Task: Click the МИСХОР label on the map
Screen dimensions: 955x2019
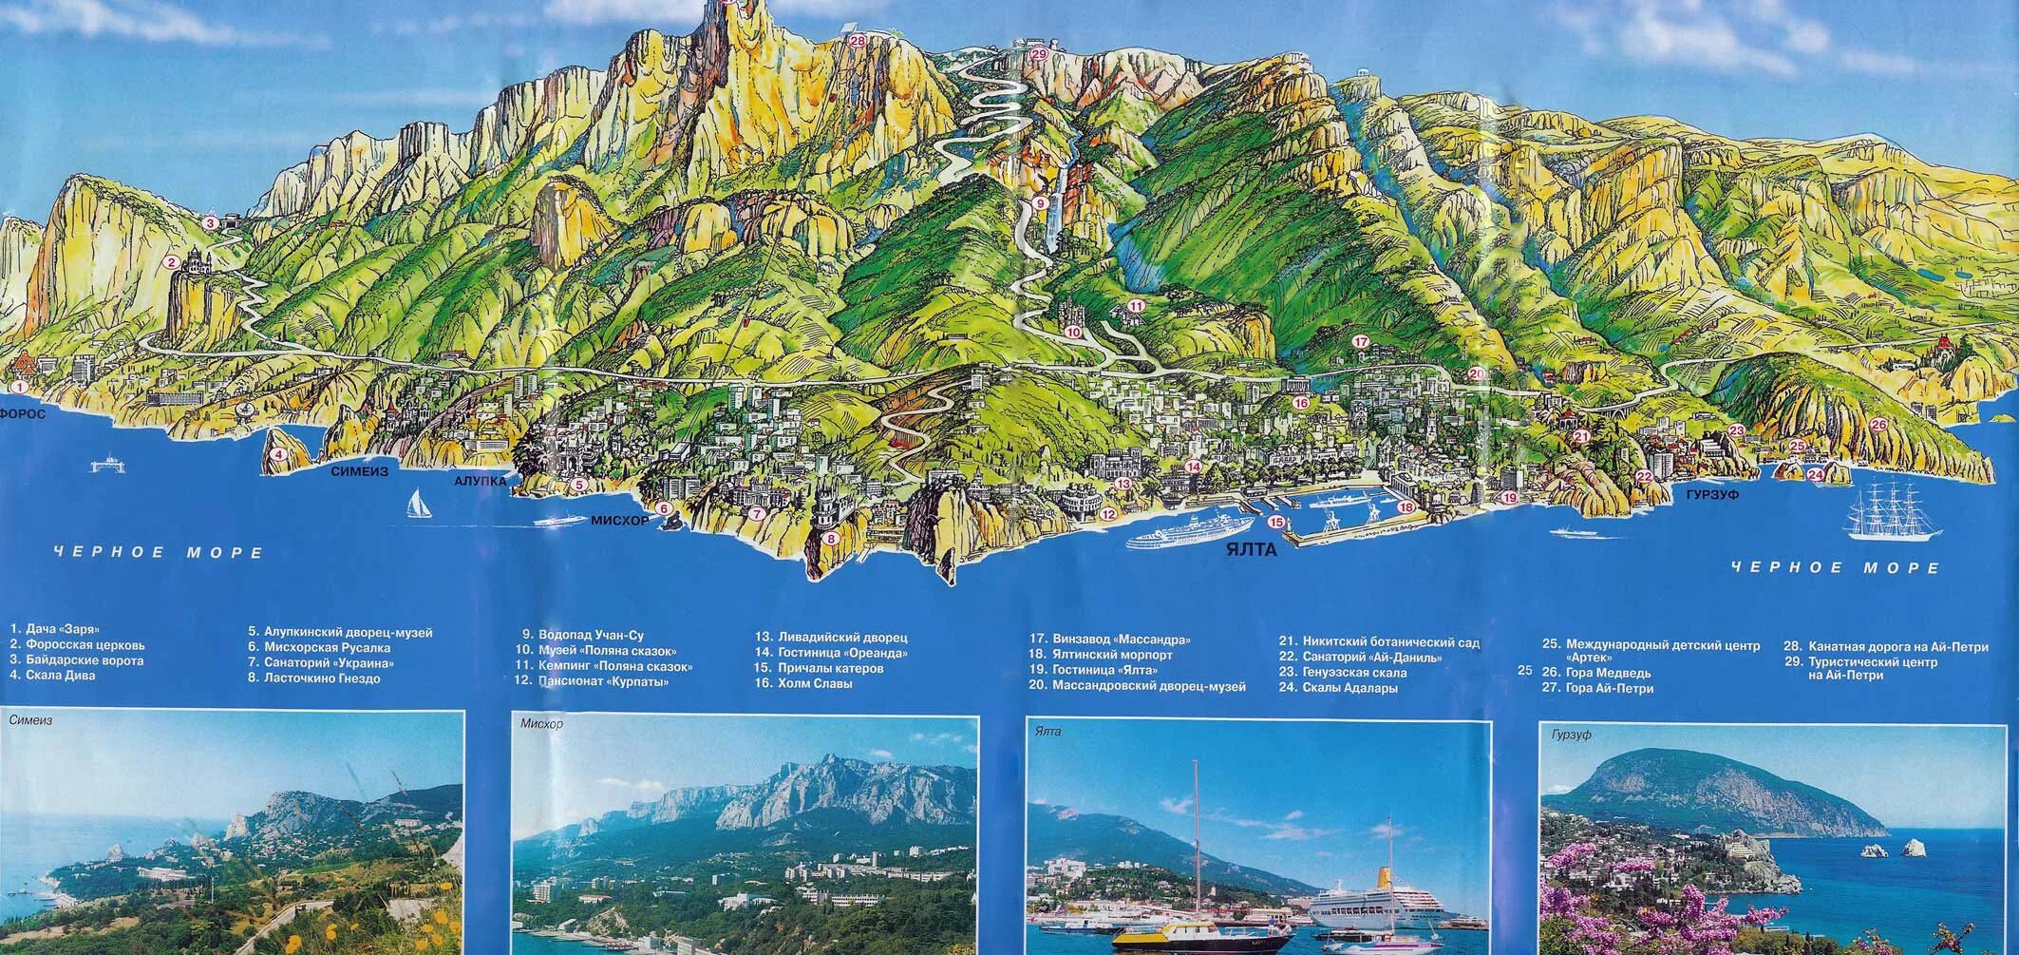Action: [x=619, y=521]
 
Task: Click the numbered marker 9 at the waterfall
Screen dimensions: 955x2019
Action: [x=1040, y=202]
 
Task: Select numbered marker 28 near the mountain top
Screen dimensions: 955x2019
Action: [x=858, y=41]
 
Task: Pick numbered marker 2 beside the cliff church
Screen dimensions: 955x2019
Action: [x=171, y=263]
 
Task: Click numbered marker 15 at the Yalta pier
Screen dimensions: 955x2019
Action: [x=1275, y=522]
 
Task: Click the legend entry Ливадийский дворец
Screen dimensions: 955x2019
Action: [x=831, y=637]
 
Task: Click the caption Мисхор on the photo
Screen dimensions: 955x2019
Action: [x=542, y=725]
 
